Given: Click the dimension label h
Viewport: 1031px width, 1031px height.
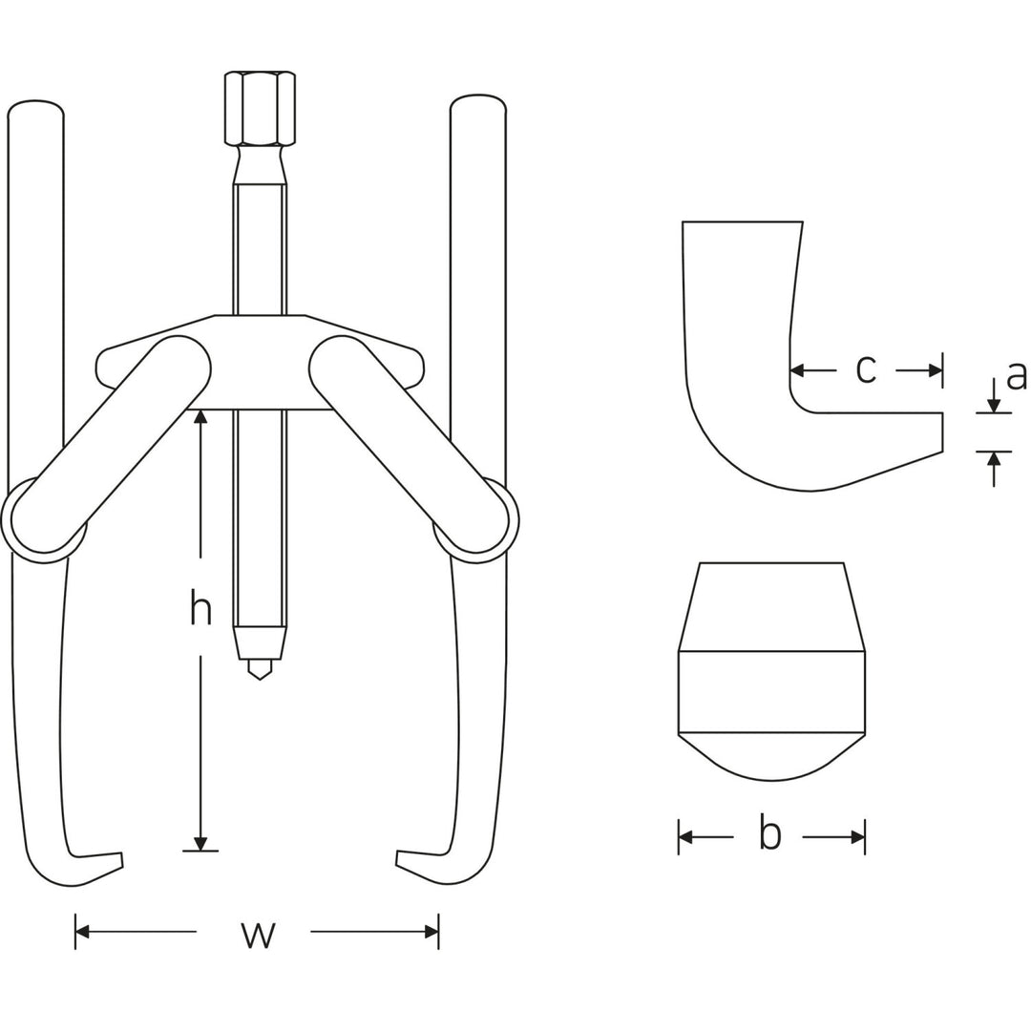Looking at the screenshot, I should tap(200, 608).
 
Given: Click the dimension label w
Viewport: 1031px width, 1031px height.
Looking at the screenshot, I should tap(258, 933).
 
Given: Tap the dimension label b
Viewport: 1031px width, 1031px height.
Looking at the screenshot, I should tap(769, 834).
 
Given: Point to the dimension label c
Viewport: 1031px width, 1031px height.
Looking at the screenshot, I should tap(866, 369).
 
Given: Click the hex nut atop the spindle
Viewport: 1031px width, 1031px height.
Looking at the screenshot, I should tap(260, 108).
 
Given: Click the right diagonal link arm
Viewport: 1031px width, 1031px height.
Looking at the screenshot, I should tap(409, 445).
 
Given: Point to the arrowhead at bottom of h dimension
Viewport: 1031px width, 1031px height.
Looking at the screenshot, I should tap(200, 843).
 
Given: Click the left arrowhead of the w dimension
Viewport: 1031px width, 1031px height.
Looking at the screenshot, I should tap(82, 932).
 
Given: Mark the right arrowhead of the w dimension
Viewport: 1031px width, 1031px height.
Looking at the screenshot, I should tap(431, 932).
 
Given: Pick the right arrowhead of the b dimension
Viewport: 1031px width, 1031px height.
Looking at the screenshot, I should tap(857, 837).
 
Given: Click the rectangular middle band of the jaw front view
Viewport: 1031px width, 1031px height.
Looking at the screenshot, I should tap(771, 692).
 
